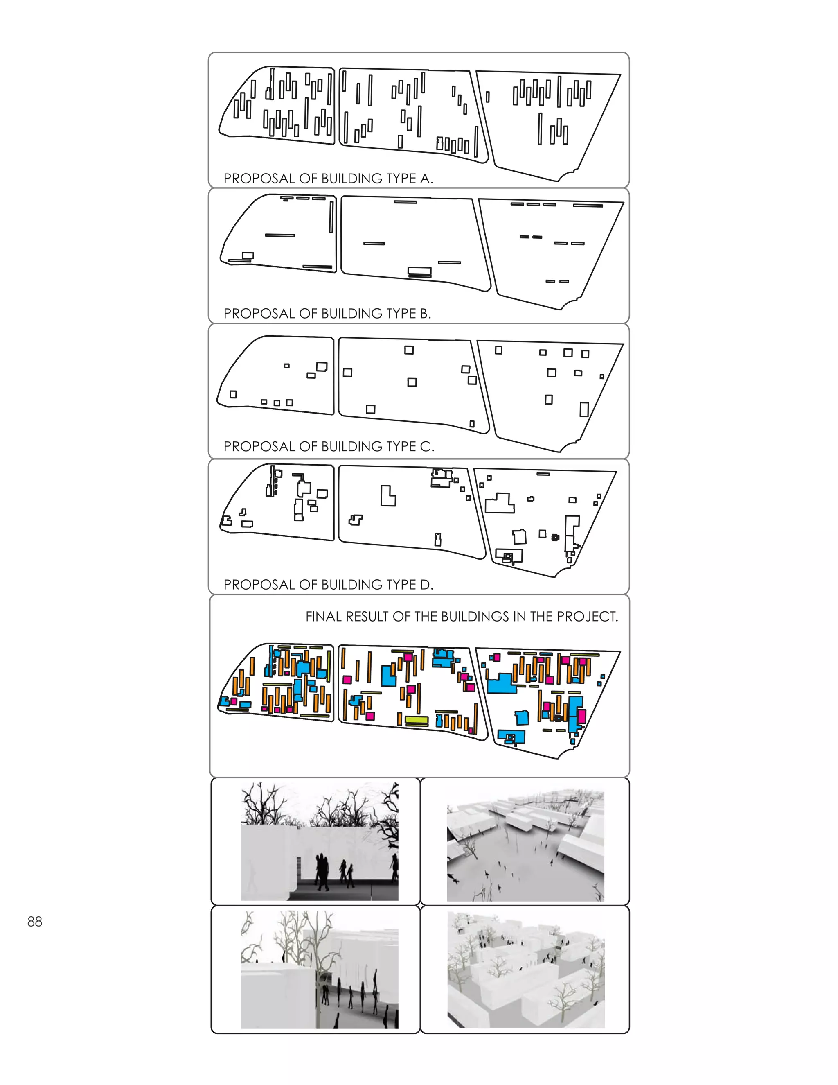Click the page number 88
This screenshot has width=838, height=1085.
pos(35,922)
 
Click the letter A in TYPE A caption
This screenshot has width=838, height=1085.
pos(426,179)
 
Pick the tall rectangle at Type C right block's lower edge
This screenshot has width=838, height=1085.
pos(584,409)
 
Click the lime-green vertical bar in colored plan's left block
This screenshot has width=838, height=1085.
pos(329,666)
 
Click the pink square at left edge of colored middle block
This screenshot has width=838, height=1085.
pos(347,680)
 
